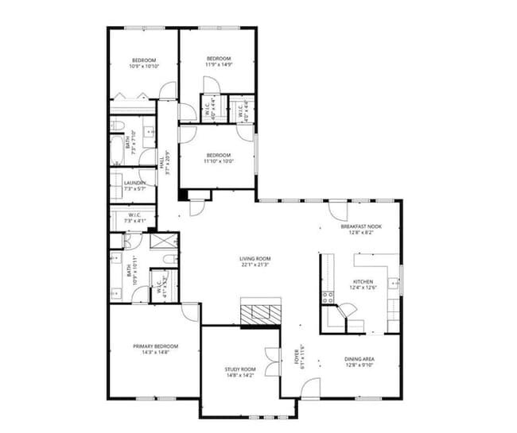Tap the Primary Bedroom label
point(155,346)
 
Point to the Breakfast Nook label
point(361,226)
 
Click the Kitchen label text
point(362,282)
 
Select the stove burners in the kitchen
point(326,297)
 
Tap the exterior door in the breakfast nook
point(338,211)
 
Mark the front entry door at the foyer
point(311,389)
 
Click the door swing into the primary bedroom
point(190,311)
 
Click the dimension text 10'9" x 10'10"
point(143,67)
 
